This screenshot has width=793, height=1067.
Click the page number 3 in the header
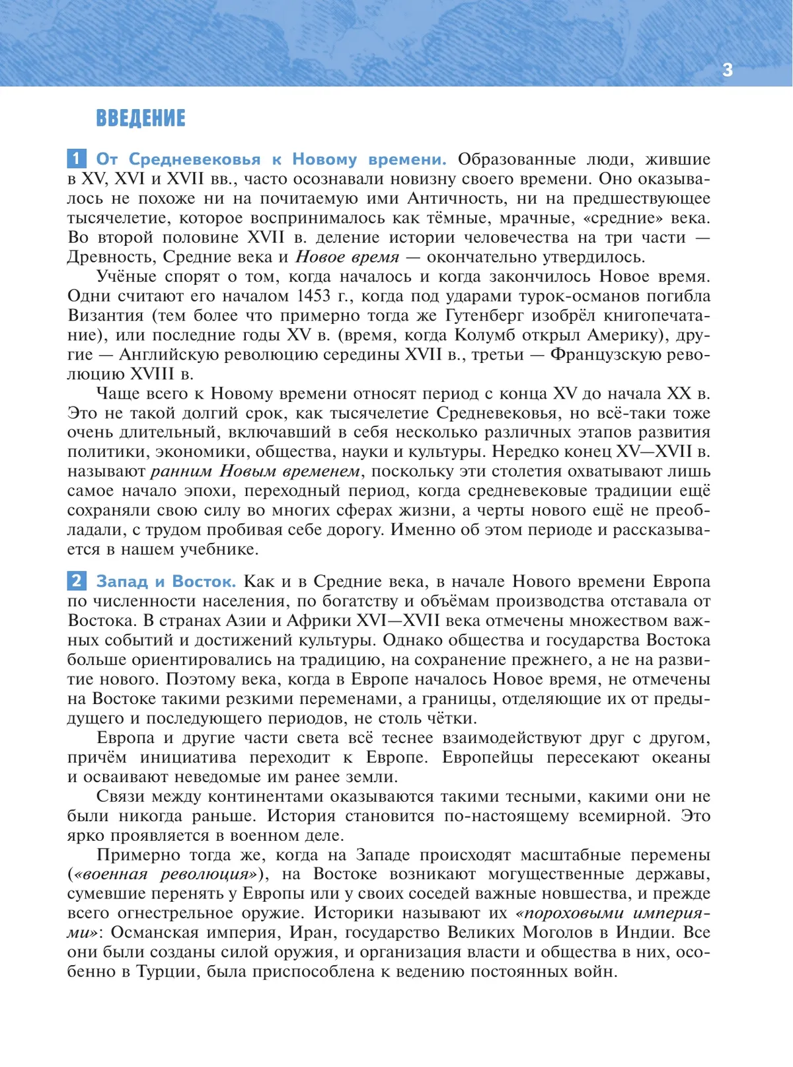[x=728, y=70]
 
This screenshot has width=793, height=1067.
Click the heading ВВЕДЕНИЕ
[x=141, y=118]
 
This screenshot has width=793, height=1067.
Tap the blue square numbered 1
[x=77, y=159]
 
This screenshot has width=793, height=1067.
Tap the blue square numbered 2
[x=77, y=581]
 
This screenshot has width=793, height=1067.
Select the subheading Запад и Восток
[x=166, y=582]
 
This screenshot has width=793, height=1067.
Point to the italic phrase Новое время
[x=347, y=257]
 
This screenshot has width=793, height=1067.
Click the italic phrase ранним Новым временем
[x=255, y=471]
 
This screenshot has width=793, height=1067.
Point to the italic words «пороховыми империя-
[x=613, y=913]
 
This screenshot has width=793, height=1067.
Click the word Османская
[x=159, y=933]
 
